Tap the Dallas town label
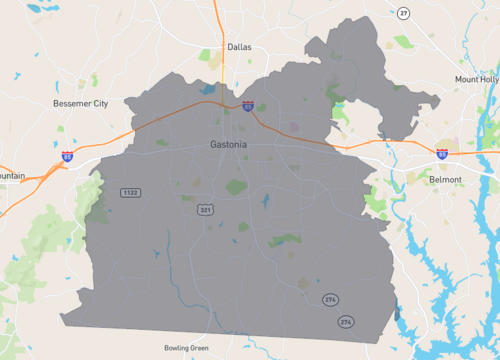point(239,47)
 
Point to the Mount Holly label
point(477,79)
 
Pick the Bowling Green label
point(187,348)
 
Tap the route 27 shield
point(403,12)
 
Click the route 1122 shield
point(129,192)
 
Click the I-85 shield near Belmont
point(441,153)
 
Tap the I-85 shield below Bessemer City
point(67,157)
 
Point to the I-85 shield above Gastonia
point(246,105)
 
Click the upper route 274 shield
point(330,300)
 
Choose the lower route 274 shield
point(346,322)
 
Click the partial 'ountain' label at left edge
point(12,176)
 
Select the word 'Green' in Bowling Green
point(200,348)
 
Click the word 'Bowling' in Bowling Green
point(177,348)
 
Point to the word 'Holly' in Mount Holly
point(490,79)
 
